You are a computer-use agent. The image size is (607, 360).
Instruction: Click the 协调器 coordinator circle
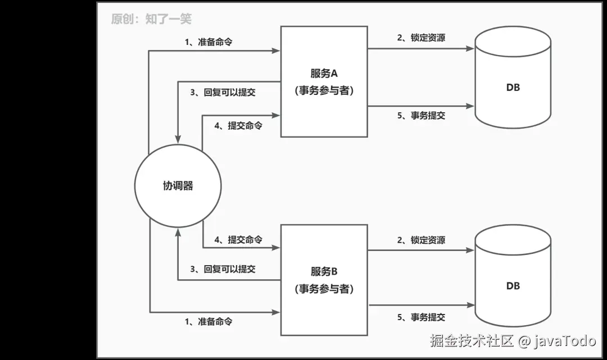pyautogui.click(x=178, y=185)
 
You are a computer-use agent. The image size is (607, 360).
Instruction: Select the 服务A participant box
pyautogui.click(x=324, y=81)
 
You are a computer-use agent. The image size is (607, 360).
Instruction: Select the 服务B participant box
pyautogui.click(x=324, y=279)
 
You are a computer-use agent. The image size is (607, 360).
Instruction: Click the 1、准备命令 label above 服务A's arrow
pyautogui.click(x=208, y=43)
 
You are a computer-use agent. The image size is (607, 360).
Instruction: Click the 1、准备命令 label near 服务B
pyautogui.click(x=208, y=322)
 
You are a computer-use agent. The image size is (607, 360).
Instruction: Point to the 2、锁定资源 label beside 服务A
pyautogui.click(x=421, y=38)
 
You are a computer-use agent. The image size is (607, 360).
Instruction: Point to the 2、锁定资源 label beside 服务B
pyautogui.click(x=421, y=240)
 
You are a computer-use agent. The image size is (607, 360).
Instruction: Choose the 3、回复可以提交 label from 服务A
pyautogui.click(x=223, y=93)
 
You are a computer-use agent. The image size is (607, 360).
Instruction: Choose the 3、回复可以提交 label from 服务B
pyautogui.click(x=223, y=269)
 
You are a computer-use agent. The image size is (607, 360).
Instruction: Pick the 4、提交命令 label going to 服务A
pyautogui.click(x=238, y=126)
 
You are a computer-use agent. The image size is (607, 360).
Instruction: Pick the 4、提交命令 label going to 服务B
pyautogui.click(x=238, y=240)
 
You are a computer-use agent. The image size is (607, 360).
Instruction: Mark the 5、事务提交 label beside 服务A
pyautogui.click(x=421, y=116)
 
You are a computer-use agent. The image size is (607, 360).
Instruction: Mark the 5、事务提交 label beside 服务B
pyautogui.click(x=421, y=317)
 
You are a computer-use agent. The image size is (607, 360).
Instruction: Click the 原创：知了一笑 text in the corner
pyautogui.click(x=151, y=19)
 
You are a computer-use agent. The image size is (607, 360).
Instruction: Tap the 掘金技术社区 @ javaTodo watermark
pyautogui.click(x=513, y=341)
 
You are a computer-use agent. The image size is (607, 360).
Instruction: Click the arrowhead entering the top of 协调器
pyautogui.click(x=178, y=138)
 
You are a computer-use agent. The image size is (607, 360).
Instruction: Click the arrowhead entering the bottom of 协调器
pyautogui.click(x=178, y=231)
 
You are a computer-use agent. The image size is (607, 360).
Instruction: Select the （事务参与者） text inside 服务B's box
pyautogui.click(x=324, y=289)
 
